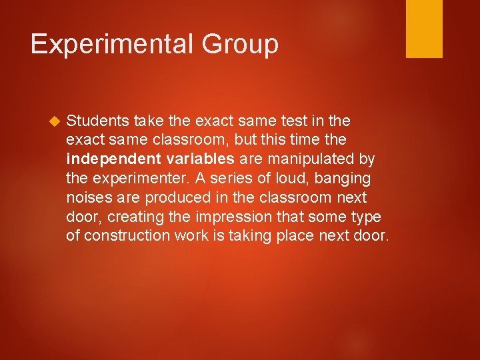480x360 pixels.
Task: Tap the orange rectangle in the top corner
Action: coord(424,29)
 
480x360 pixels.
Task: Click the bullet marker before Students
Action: coord(54,121)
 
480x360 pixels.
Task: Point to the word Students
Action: coord(97,121)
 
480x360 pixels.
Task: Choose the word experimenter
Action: coord(135,179)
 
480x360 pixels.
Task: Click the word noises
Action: coord(87,198)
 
